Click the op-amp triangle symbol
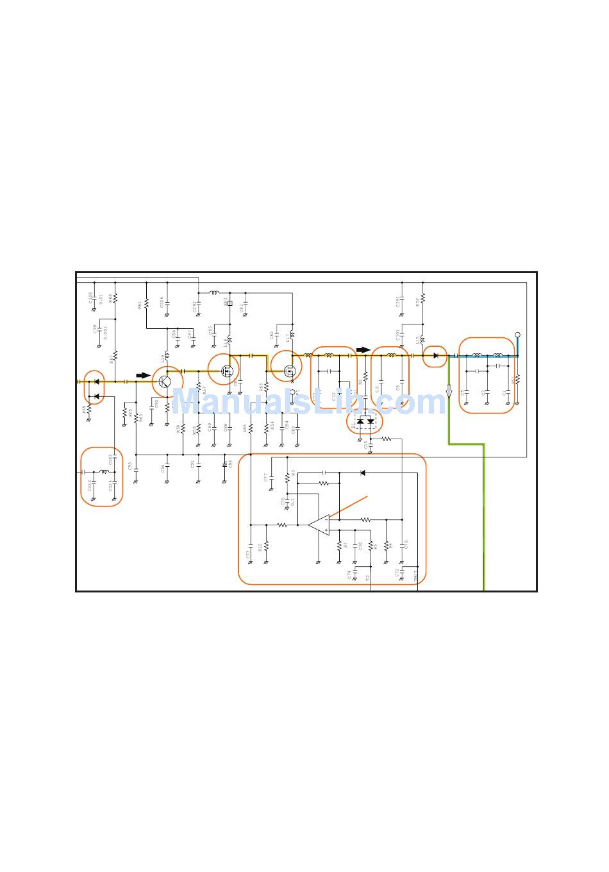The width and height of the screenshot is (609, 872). pos(319,524)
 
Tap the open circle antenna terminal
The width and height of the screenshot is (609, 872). pos(517,335)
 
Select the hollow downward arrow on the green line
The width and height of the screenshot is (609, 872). pos(449,392)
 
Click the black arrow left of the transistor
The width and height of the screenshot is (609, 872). pos(143,376)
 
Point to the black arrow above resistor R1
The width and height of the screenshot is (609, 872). pos(363,350)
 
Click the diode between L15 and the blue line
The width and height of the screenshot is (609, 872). pos(436,355)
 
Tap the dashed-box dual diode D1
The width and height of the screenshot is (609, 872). pos(365,421)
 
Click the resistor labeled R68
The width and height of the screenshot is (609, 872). pos(115,299)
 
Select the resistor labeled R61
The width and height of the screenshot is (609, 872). pos(147,303)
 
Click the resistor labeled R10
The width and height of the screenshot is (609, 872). pos(266,546)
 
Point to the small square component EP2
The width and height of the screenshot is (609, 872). pos(229,303)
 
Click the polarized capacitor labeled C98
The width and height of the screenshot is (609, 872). pos(225,464)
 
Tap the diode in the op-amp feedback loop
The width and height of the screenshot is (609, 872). pos(363,473)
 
